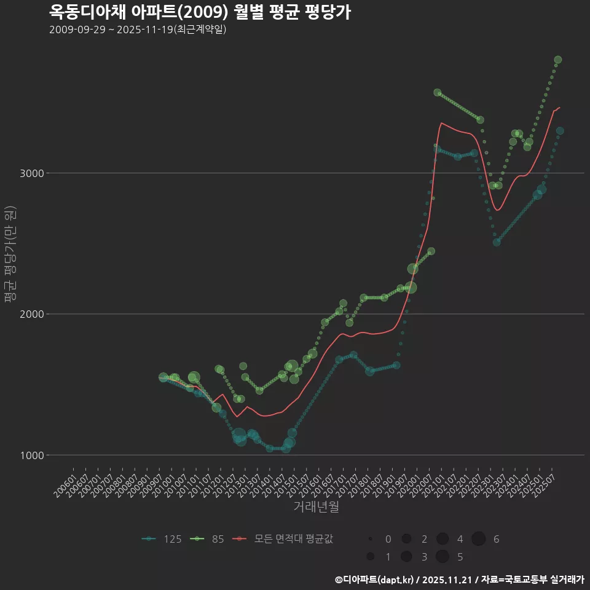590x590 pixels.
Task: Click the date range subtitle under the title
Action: (138, 29)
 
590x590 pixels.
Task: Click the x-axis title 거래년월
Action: (316, 506)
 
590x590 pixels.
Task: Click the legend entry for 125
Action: (162, 539)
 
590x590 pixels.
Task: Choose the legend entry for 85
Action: (210, 539)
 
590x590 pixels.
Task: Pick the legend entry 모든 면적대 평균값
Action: (284, 539)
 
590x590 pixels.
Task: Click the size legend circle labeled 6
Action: (479, 539)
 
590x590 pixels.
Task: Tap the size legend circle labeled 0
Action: (371, 539)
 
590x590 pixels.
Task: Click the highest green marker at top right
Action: (558, 60)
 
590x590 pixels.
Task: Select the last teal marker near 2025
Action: (560, 131)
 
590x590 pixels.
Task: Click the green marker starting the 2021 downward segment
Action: (438, 92)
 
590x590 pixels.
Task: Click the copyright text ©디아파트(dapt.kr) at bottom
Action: (375, 580)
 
